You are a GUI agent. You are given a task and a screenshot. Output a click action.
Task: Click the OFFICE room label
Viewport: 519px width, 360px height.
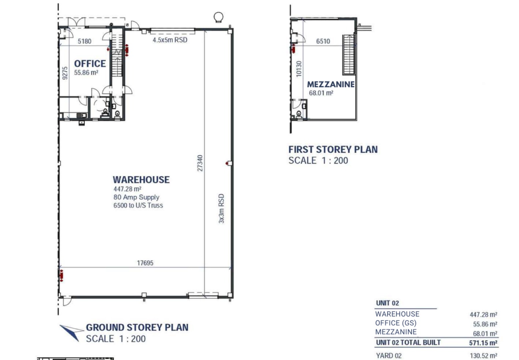click(x=90, y=64)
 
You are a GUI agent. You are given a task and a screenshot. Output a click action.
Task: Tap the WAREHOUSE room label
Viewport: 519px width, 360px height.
click(x=141, y=180)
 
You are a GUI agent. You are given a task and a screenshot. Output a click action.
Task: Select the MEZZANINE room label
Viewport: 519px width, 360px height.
click(x=331, y=84)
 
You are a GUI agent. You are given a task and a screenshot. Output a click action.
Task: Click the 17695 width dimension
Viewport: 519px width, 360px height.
click(x=145, y=263)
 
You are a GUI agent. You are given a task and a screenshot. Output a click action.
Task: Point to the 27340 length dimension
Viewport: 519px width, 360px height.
click(x=200, y=163)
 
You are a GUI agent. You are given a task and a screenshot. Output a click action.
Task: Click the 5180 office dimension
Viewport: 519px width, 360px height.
click(x=84, y=41)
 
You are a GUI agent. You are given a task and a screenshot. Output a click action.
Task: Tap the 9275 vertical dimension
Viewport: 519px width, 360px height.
click(x=65, y=73)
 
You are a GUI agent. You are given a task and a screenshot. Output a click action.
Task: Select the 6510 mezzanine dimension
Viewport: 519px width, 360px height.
click(x=323, y=41)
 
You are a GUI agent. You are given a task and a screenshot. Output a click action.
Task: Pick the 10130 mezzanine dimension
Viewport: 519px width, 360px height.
click(x=299, y=69)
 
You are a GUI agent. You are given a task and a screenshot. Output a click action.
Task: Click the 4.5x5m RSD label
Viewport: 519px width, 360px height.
click(x=170, y=40)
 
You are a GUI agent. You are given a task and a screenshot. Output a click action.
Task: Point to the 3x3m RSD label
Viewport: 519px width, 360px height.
click(x=222, y=209)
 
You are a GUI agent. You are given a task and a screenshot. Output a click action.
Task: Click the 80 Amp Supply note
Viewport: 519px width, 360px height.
click(x=136, y=197)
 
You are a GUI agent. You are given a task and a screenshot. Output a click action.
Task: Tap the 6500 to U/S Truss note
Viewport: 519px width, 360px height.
click(x=138, y=205)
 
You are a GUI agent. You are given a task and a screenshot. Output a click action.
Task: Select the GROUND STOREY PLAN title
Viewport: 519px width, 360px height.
click(x=137, y=327)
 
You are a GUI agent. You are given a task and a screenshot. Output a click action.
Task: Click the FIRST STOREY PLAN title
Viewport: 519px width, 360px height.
click(x=333, y=150)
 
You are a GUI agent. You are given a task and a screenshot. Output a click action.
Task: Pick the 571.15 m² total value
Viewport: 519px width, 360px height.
click(x=483, y=343)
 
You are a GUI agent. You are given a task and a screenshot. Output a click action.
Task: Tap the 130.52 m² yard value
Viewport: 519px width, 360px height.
click(x=484, y=356)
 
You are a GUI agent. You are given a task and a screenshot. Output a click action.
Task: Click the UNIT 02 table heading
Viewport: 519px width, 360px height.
click(x=387, y=303)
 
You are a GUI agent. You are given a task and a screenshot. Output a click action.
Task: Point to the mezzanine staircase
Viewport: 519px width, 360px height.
click(x=349, y=55)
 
